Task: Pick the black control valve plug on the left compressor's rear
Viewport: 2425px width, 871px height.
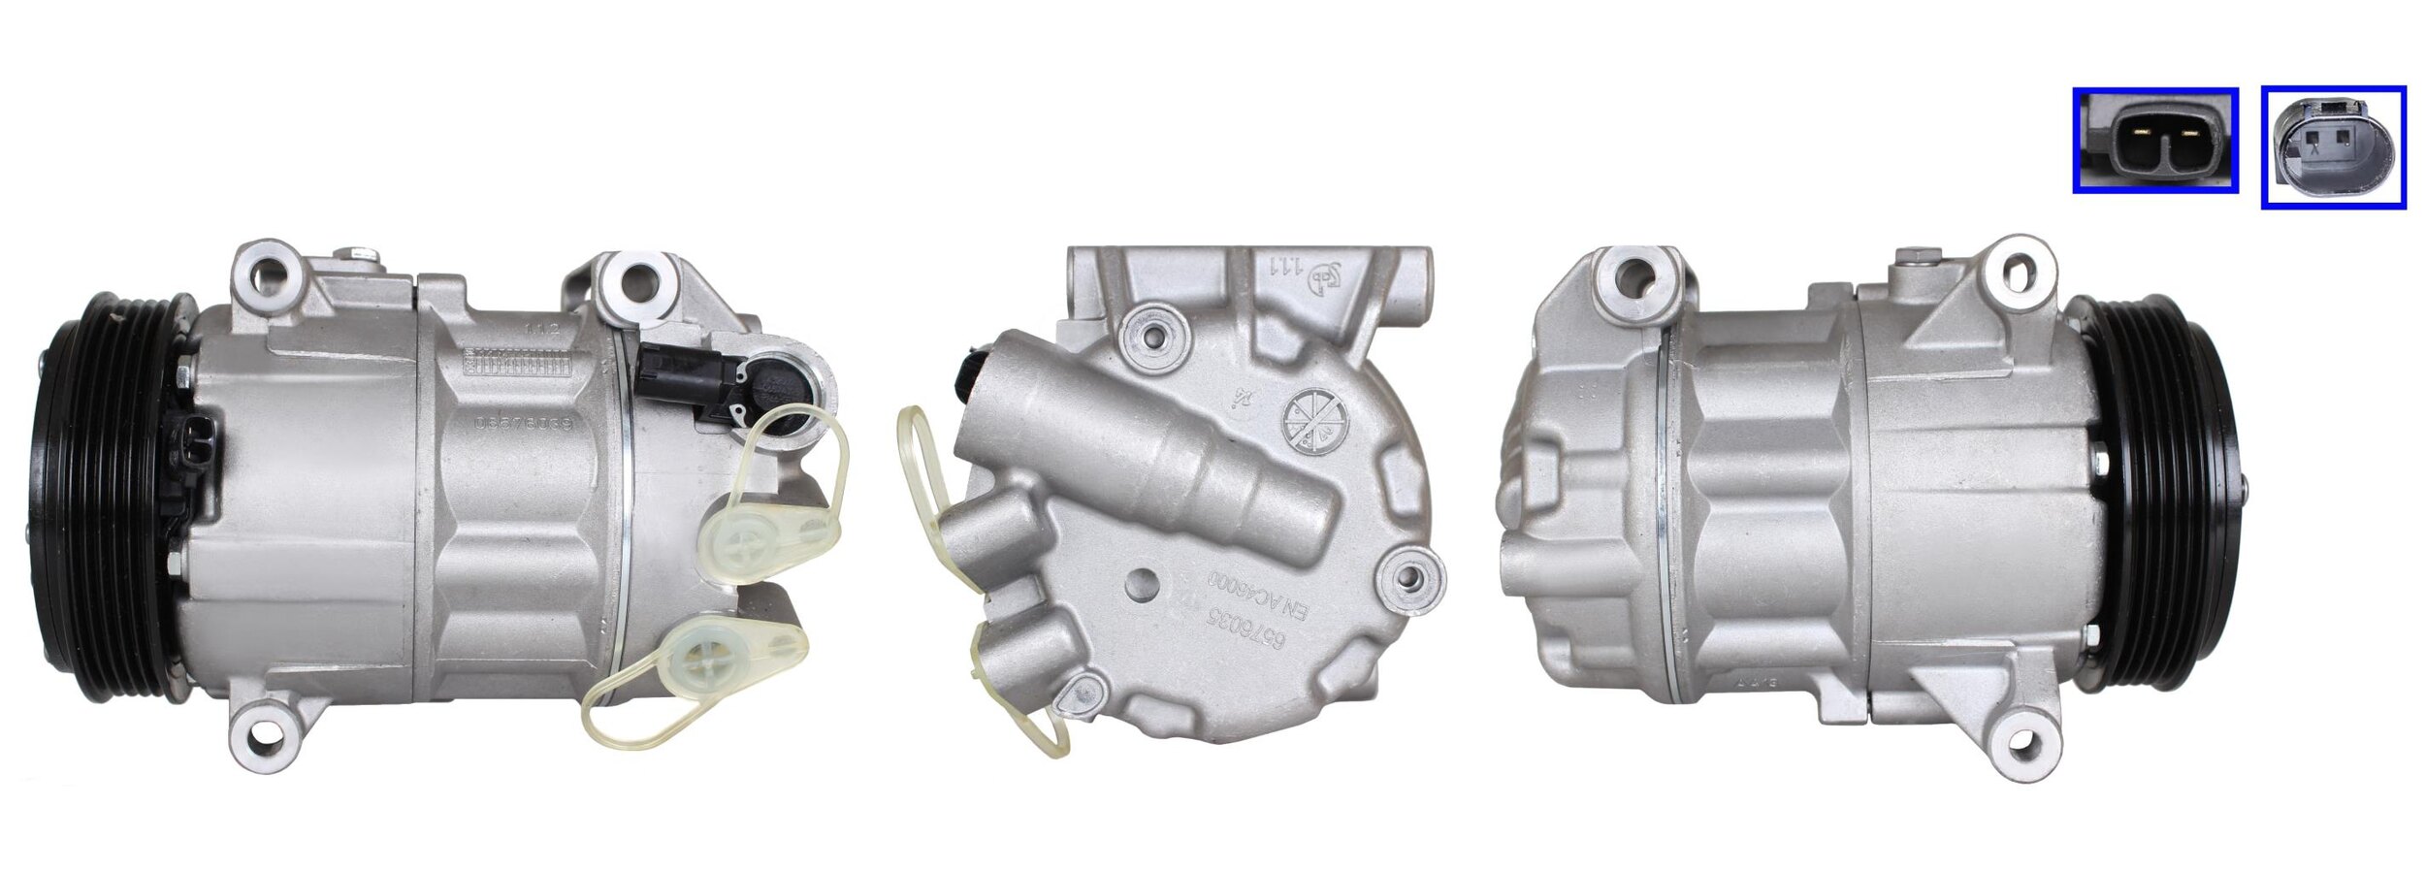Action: click(781, 388)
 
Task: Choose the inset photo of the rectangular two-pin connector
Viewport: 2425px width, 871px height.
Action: click(2154, 153)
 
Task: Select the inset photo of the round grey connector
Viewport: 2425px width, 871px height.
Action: click(2334, 146)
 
